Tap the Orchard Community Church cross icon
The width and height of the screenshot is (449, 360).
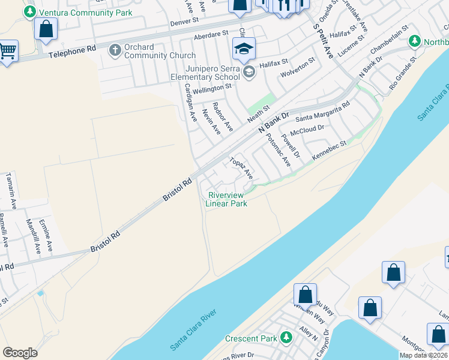point(114,51)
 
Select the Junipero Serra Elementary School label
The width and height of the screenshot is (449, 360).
point(205,73)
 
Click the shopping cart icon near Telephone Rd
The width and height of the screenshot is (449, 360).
point(8,51)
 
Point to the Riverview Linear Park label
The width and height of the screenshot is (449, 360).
point(226,199)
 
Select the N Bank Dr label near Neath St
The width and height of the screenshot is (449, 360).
point(273,122)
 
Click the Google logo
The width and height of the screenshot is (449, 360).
point(20,353)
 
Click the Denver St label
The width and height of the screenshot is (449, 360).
point(184,21)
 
